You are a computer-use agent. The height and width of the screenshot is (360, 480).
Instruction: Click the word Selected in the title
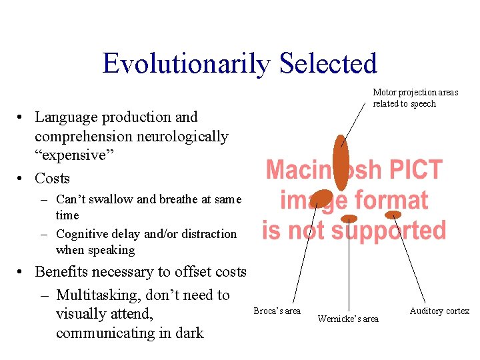click(328, 64)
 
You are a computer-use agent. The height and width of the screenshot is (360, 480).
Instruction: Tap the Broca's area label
click(277, 311)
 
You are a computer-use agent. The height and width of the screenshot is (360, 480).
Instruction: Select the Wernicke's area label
click(348, 319)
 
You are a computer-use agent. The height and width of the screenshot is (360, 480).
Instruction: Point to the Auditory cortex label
click(439, 311)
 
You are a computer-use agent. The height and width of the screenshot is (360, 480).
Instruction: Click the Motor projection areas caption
click(415, 98)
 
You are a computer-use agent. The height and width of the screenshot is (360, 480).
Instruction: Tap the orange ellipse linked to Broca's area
click(321, 198)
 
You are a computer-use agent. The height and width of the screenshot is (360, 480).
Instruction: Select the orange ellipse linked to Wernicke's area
click(349, 219)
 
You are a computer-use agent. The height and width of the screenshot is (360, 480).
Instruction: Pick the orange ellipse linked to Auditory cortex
click(393, 215)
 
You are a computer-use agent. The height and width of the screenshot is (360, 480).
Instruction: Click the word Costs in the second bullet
click(52, 179)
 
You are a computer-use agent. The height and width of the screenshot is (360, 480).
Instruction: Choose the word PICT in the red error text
click(411, 171)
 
